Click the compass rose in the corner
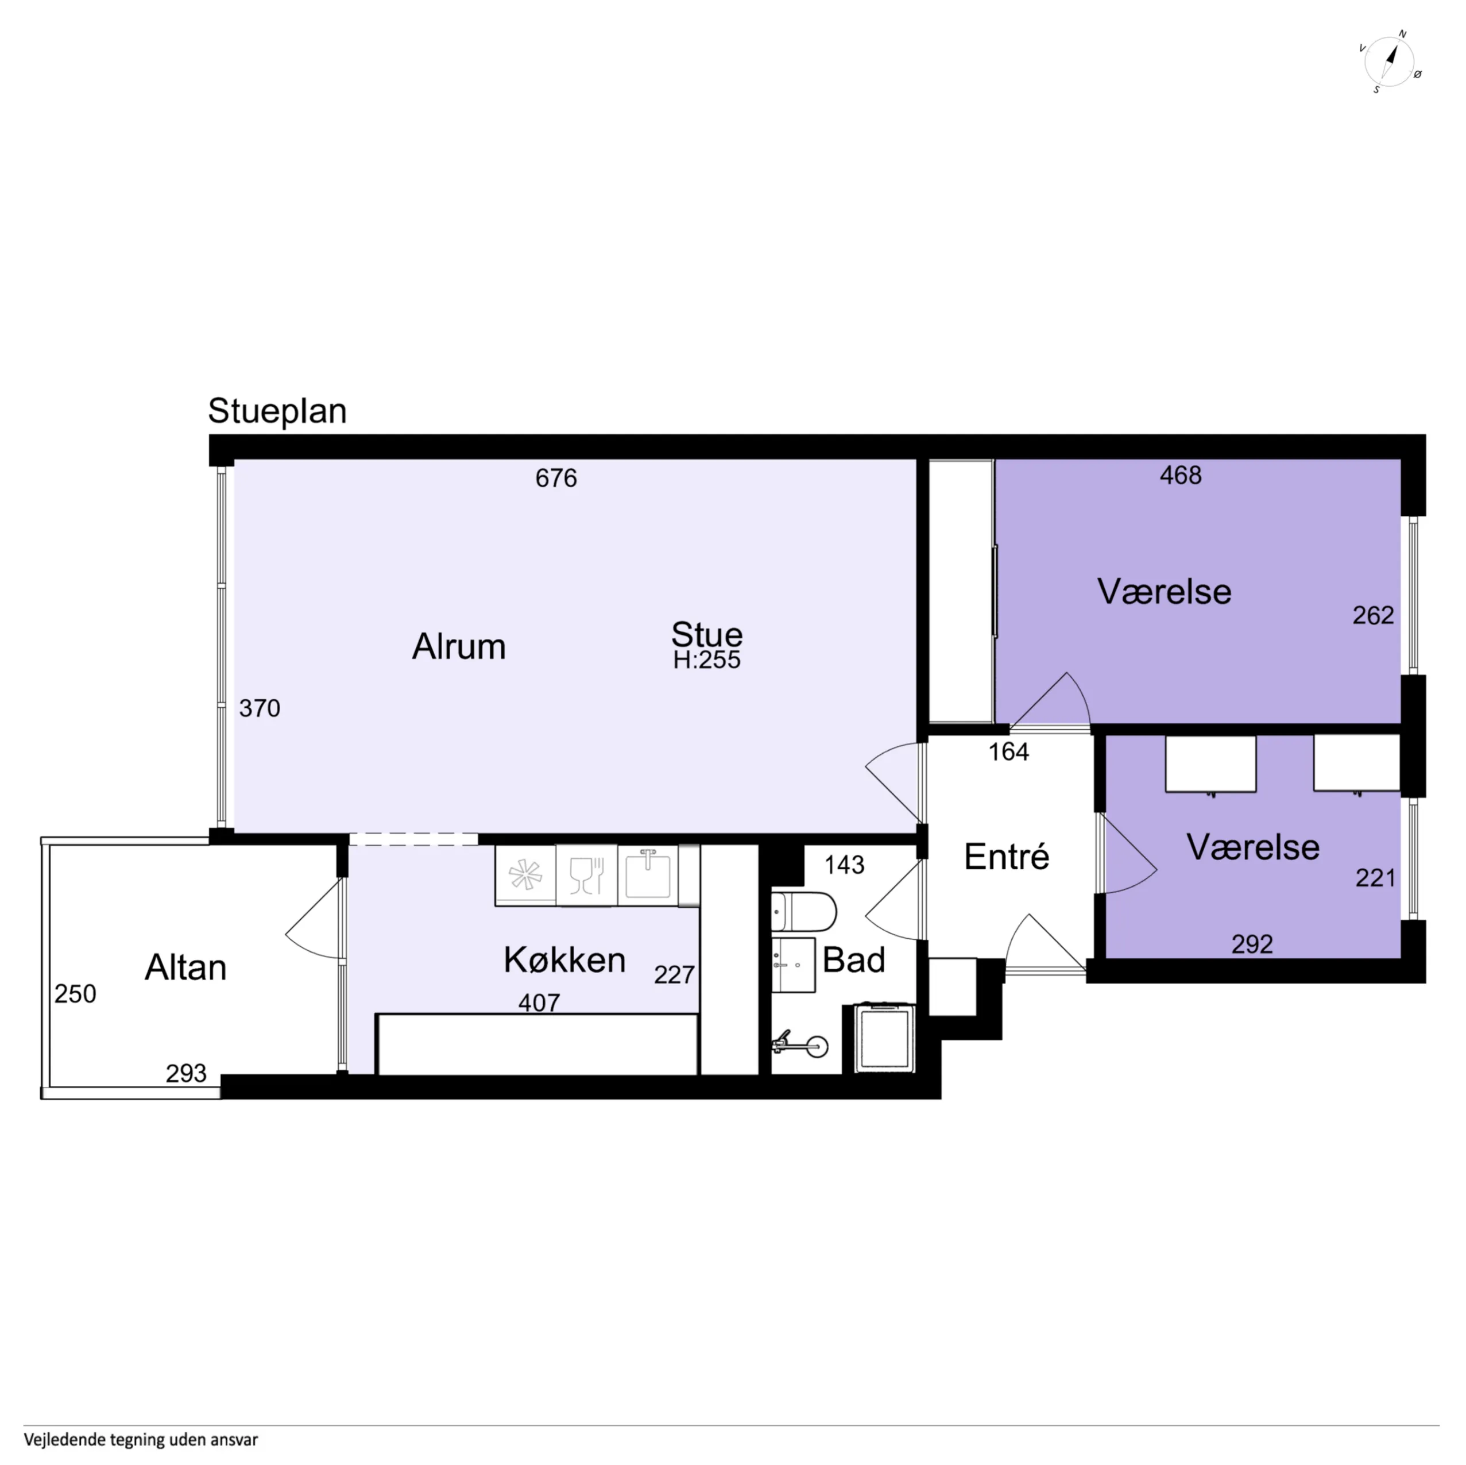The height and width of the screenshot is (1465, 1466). [1390, 61]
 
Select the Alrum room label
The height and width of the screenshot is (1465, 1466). [458, 647]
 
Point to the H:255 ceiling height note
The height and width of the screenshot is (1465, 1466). [706, 660]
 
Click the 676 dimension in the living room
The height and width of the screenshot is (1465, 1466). [556, 478]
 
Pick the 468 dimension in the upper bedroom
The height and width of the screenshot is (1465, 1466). [1181, 475]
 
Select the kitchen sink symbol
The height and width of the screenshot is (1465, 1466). [648, 875]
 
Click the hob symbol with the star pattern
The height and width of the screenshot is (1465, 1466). [525, 875]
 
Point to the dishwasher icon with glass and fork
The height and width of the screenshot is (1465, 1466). [586, 875]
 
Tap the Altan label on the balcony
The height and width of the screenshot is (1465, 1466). [186, 968]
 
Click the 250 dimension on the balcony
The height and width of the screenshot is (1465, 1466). [75, 994]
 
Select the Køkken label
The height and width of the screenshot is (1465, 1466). [564, 960]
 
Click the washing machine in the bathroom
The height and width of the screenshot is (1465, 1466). [885, 1038]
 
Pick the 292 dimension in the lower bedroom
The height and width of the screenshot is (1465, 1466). [1252, 944]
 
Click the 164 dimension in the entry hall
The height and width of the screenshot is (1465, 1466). [1008, 751]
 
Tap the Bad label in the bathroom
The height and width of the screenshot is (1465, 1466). [854, 960]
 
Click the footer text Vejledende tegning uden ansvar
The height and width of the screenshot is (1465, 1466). [141, 1440]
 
